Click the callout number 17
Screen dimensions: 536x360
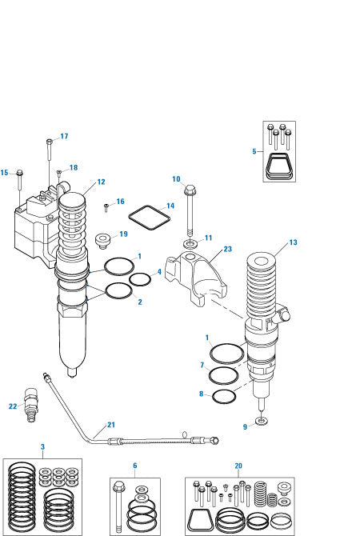[64, 136]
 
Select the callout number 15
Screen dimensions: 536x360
[5, 173]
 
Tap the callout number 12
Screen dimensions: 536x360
[101, 182]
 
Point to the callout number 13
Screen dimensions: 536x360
[292, 242]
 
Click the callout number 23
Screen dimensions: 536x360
[227, 249]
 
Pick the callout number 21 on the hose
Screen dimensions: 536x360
[111, 424]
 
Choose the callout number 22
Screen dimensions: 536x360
[13, 406]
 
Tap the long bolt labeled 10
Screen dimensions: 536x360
[190, 212]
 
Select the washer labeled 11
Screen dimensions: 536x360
[190, 242]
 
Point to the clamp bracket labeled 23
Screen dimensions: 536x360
[192, 280]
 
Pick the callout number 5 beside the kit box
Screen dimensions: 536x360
[254, 150]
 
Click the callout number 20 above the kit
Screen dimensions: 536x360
[238, 465]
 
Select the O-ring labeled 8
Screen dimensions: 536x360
[225, 394]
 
